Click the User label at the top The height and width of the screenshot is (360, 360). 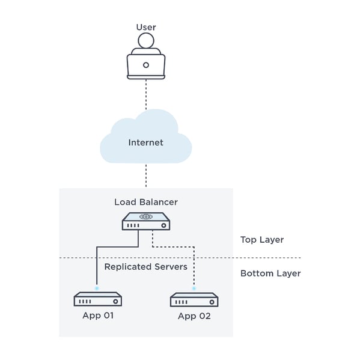point(145,27)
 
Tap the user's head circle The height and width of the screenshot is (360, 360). point(145,41)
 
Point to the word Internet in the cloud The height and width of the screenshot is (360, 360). point(145,142)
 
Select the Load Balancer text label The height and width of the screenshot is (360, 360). point(145,202)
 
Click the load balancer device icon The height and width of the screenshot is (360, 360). point(145,222)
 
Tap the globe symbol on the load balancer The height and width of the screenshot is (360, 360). point(145,216)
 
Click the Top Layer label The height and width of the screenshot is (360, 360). point(261,240)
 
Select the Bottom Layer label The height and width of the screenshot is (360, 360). point(270,273)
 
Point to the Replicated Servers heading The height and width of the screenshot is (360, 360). point(145,266)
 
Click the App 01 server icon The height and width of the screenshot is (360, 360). point(97,299)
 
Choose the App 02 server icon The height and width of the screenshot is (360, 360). point(194,299)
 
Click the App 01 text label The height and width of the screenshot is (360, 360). point(97,315)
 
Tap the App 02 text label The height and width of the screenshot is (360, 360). point(194,316)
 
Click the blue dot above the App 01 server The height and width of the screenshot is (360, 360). point(97,288)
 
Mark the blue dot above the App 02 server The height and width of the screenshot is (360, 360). point(194,289)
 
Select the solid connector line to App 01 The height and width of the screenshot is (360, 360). point(97,264)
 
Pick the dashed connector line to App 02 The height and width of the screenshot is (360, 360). point(194,267)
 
